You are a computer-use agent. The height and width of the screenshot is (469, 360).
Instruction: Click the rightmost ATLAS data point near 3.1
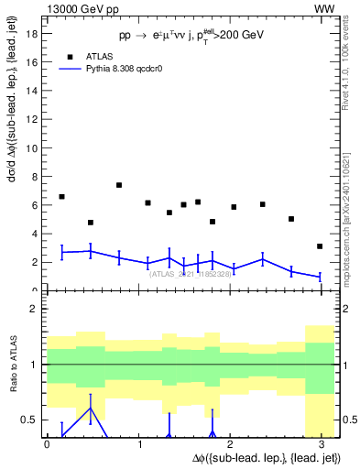(x=319, y=246)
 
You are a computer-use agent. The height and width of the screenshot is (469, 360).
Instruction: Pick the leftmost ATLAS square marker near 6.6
(x=61, y=197)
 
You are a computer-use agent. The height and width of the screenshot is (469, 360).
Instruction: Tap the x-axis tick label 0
(x=47, y=444)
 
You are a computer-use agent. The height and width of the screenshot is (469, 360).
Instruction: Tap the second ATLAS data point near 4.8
(x=91, y=223)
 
